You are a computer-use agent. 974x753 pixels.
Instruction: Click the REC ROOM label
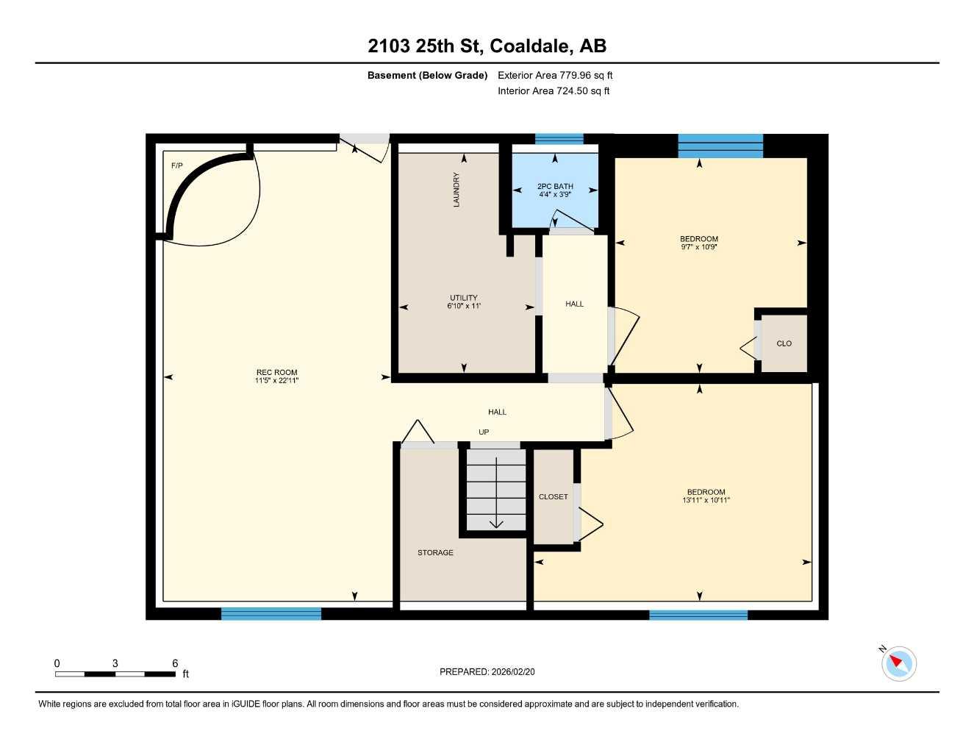point(276,372)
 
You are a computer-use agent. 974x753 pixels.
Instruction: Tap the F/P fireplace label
point(176,165)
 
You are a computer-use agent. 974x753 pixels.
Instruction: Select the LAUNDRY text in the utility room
point(456,190)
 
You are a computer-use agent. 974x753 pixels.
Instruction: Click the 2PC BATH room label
point(555,186)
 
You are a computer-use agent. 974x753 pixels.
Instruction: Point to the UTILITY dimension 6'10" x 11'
point(464,306)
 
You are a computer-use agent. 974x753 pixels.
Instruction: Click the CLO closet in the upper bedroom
point(784,343)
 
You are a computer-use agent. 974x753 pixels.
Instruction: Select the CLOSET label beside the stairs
point(553,497)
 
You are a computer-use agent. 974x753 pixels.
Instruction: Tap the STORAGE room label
point(435,552)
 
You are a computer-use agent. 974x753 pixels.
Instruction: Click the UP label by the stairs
point(484,432)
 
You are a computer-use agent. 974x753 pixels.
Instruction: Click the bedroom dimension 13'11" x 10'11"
point(706,500)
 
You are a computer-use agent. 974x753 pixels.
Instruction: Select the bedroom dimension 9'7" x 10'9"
point(698,247)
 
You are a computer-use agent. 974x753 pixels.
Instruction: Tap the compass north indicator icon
point(898,663)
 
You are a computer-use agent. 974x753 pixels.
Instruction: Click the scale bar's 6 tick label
point(175,663)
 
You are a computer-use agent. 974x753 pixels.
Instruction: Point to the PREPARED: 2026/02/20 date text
point(487,671)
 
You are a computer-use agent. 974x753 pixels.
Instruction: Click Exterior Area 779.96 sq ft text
point(555,75)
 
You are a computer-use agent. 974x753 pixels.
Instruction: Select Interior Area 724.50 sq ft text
point(554,91)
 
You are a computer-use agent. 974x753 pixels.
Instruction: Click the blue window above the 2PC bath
point(559,138)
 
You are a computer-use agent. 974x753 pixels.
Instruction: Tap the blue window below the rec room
point(271,613)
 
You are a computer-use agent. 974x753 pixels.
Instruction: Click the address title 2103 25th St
point(425,46)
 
